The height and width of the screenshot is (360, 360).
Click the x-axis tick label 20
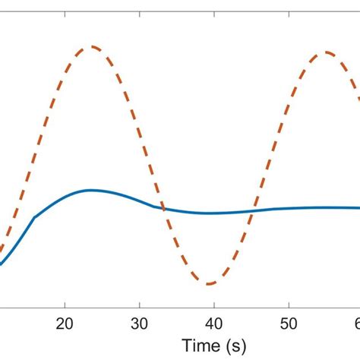coord(66,322)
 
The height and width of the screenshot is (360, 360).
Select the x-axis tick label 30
coord(140,322)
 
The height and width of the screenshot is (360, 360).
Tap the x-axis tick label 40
coord(214,322)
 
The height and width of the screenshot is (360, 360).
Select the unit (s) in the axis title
coord(235,345)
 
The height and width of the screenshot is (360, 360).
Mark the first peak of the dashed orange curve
coord(92,46)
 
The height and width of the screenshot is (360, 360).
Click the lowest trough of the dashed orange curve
coord(210,284)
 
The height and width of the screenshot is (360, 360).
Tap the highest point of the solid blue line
coord(91,190)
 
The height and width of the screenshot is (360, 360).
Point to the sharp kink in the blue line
coord(35,217)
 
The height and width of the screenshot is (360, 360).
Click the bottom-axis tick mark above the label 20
coord(66,305)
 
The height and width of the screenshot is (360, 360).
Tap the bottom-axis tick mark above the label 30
coord(140,305)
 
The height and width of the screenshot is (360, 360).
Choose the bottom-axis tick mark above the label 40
coord(214,305)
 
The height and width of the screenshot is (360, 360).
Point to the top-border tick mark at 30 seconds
coord(140,14)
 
